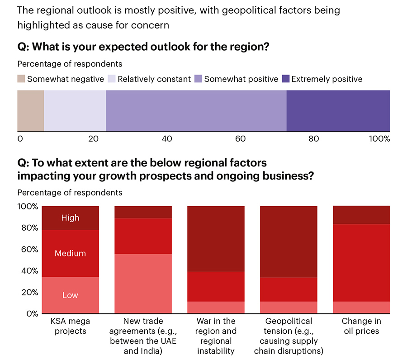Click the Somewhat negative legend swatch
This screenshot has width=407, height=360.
click(x=21, y=79)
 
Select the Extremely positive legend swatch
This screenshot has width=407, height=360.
click(x=286, y=79)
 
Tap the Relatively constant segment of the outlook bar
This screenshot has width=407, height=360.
click(x=75, y=111)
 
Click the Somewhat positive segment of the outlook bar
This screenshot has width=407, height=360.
click(x=196, y=111)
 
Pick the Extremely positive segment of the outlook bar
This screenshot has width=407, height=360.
click(x=338, y=111)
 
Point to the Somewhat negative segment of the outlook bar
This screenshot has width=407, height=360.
click(x=31, y=111)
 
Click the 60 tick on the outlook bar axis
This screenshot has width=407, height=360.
click(x=241, y=139)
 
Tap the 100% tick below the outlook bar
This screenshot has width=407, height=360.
click(x=379, y=139)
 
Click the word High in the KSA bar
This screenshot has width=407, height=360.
click(x=70, y=218)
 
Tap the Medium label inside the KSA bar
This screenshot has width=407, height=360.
click(x=70, y=254)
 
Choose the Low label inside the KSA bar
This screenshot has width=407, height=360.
click(x=70, y=295)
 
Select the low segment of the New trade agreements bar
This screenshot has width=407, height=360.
click(x=143, y=284)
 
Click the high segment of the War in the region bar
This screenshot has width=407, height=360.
click(x=216, y=239)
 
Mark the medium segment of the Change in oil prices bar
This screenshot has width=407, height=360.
click(x=361, y=263)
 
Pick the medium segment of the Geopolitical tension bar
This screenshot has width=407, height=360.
click(x=289, y=289)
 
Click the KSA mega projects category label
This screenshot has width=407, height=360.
click(x=70, y=326)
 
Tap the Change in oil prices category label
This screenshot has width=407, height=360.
click(x=361, y=326)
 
